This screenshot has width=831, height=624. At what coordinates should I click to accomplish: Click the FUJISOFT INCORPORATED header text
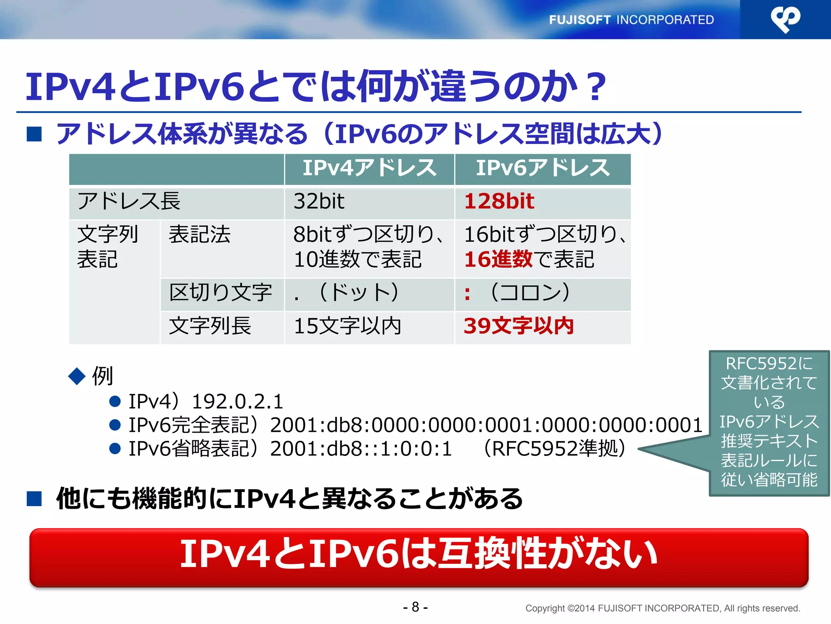631,20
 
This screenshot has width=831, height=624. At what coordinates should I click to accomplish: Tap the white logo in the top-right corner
785,19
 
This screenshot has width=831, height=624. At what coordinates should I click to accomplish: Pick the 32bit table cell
319,201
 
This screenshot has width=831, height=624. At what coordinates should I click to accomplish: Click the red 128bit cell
499,201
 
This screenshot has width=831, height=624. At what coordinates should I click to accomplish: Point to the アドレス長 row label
129,201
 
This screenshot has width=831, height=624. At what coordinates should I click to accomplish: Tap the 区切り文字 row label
220,293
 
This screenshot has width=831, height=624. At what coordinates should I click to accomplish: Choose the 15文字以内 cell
347,326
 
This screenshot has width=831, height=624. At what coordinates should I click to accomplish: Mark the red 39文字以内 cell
519,326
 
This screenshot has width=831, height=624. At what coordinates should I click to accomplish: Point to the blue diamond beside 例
77,376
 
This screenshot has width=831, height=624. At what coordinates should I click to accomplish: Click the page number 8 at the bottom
415,607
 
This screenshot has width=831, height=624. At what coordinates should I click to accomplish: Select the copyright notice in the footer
662,609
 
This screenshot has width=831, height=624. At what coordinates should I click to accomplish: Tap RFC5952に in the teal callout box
769,364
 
